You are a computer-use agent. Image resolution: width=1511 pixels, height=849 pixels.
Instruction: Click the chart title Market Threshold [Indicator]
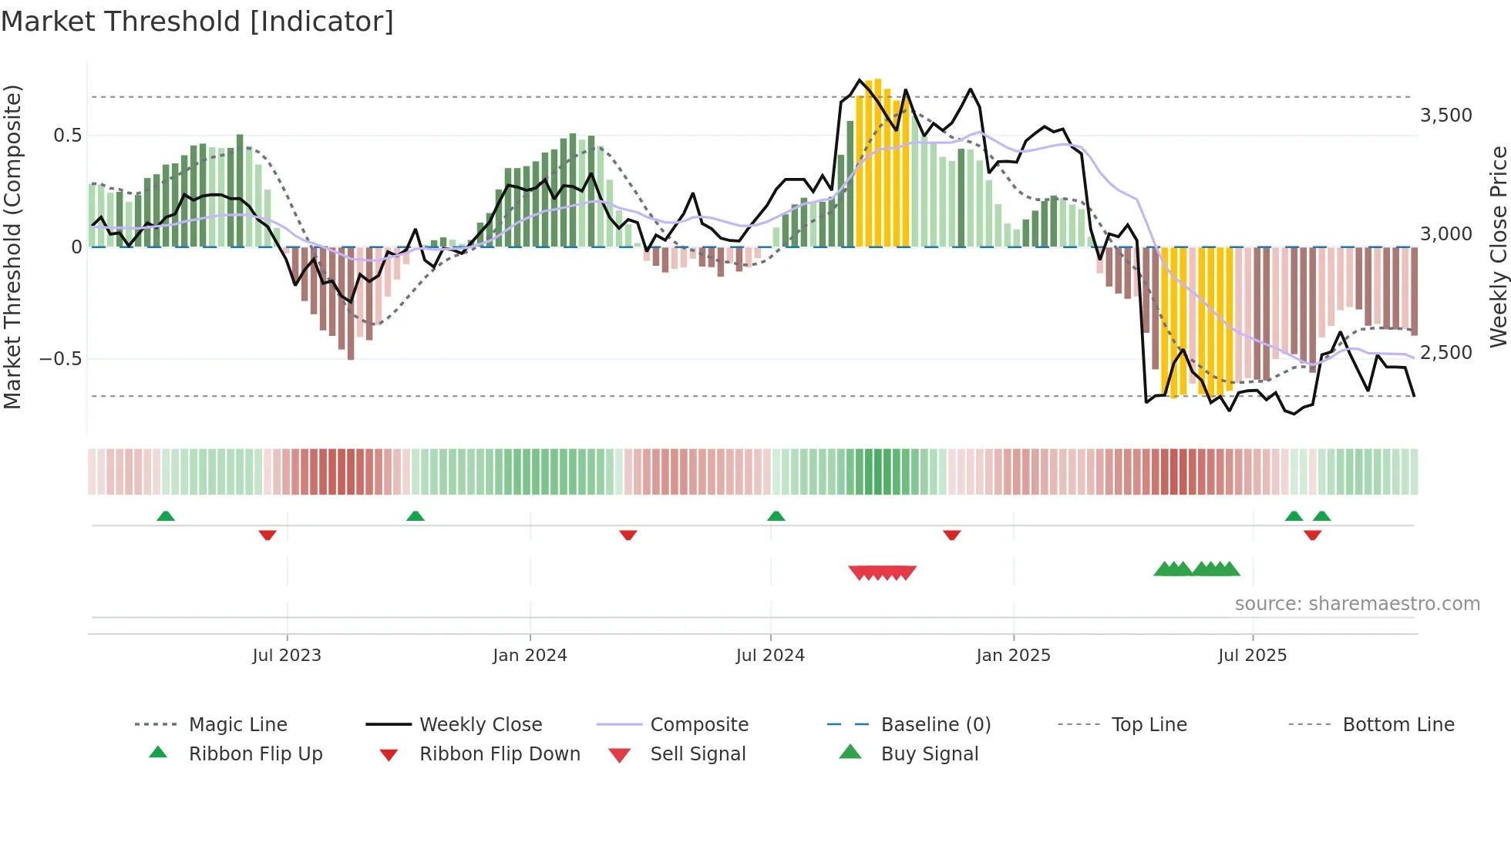click(x=197, y=22)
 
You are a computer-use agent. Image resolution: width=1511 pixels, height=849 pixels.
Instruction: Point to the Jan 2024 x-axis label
click(x=530, y=655)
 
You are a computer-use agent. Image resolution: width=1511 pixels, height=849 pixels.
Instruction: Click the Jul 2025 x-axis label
click(x=1252, y=655)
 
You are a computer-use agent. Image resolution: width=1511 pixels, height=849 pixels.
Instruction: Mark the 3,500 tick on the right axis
click(x=1445, y=116)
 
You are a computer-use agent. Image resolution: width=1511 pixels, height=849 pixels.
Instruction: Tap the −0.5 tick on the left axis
click(x=60, y=359)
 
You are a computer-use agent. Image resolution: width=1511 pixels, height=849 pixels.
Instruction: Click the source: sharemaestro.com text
click(x=1357, y=603)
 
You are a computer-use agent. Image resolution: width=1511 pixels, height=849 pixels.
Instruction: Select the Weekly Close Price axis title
click(x=1498, y=247)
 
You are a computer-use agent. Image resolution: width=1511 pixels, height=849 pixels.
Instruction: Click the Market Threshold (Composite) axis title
click(x=12, y=247)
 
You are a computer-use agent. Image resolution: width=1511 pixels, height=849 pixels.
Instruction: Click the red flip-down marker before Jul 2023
click(x=268, y=535)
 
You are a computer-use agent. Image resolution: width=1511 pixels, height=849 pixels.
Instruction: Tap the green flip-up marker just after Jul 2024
click(x=776, y=516)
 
